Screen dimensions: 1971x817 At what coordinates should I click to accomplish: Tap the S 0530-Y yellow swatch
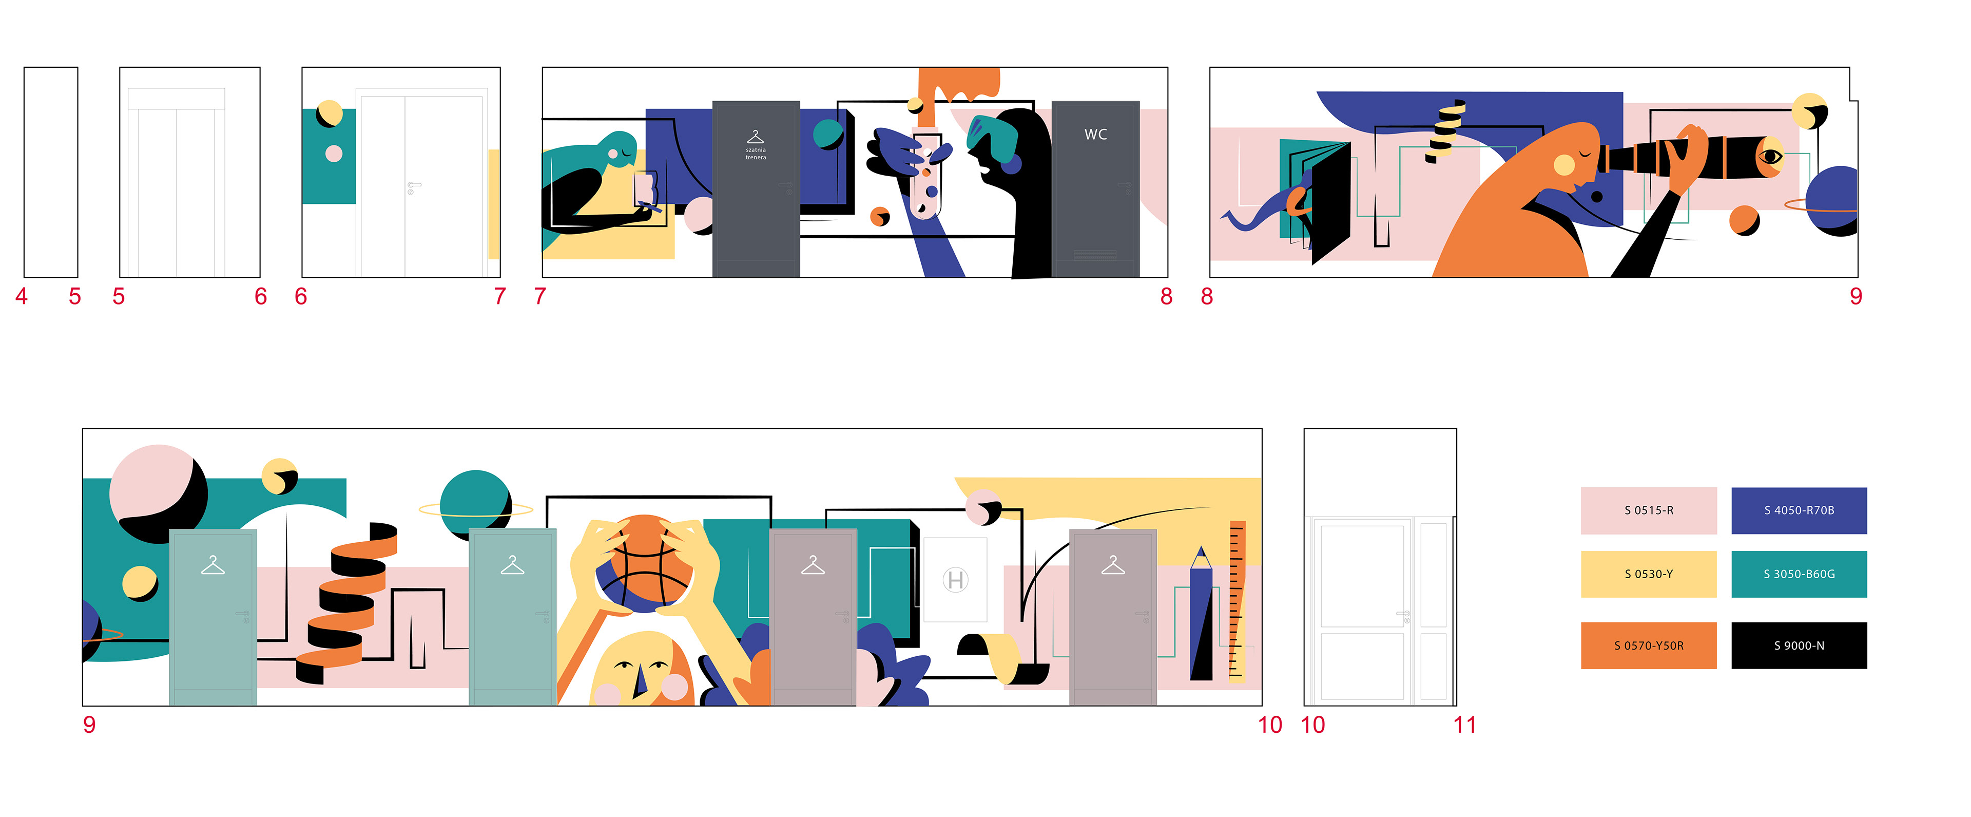[1648, 574]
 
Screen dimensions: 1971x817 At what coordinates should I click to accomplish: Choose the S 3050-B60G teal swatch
[1799, 574]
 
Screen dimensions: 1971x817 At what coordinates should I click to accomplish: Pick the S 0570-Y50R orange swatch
[1648, 645]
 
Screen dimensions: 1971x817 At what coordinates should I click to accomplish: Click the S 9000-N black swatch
[1799, 645]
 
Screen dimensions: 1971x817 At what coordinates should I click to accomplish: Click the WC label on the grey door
[1096, 135]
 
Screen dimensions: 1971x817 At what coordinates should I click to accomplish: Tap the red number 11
[1464, 725]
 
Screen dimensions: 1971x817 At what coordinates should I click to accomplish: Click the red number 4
[22, 296]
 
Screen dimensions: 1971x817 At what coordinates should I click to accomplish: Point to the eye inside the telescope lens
[1770, 158]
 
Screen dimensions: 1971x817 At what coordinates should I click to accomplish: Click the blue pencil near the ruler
[1201, 613]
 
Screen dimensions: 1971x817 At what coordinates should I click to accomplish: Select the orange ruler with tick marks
[1236, 602]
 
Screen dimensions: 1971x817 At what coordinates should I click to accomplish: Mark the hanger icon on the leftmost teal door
[212, 566]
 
